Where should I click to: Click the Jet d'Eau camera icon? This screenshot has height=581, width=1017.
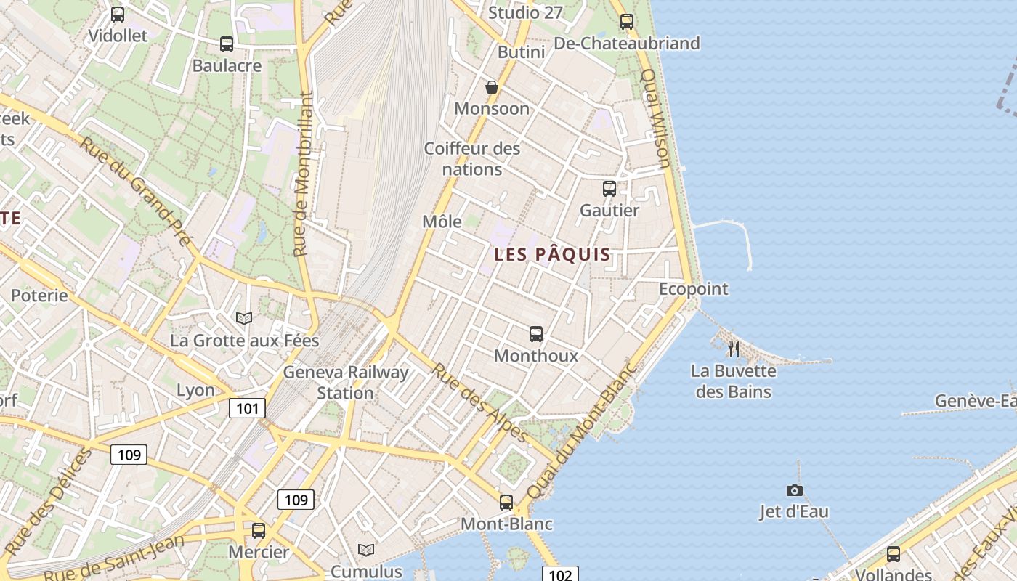point(794,490)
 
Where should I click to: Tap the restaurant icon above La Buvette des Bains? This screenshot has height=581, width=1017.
point(733,349)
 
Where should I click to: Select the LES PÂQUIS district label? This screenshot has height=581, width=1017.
point(552,255)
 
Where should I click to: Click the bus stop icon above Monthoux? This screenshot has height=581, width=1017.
point(536,334)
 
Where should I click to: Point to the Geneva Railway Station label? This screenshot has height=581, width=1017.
point(346,383)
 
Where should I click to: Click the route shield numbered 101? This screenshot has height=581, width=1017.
point(247,408)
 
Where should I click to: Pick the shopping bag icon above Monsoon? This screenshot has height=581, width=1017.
point(492,87)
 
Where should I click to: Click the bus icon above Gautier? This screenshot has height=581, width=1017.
point(609,189)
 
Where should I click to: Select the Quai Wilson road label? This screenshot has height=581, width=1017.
point(655,118)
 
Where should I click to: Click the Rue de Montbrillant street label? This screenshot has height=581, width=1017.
point(304,174)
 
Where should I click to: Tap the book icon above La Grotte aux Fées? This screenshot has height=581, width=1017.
point(244,318)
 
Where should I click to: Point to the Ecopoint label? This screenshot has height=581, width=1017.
point(693,289)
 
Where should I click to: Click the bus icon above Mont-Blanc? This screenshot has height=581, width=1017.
point(506,502)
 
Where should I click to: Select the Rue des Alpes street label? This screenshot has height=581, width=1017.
point(479,402)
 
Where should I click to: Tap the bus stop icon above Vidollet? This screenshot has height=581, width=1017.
point(118,14)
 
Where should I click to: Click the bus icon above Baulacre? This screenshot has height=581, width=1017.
point(227,44)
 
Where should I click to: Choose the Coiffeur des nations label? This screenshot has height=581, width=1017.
point(472,159)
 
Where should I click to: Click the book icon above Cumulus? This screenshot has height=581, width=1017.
point(366,550)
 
